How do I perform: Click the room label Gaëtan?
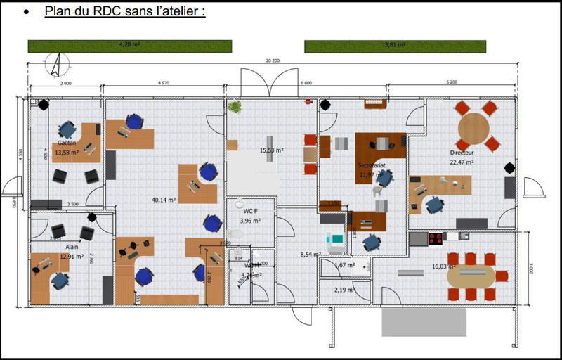[x=67, y=143]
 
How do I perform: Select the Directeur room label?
[x=462, y=152]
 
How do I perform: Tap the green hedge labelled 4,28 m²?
[x=130, y=46]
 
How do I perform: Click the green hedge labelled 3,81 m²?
[x=394, y=46]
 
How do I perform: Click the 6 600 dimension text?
[x=306, y=83]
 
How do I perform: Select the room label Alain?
[x=72, y=247]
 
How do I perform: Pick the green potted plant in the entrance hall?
[x=234, y=108]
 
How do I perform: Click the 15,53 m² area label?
[x=271, y=150]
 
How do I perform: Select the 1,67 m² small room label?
[x=344, y=265]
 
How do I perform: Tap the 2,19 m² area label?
[x=344, y=290]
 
